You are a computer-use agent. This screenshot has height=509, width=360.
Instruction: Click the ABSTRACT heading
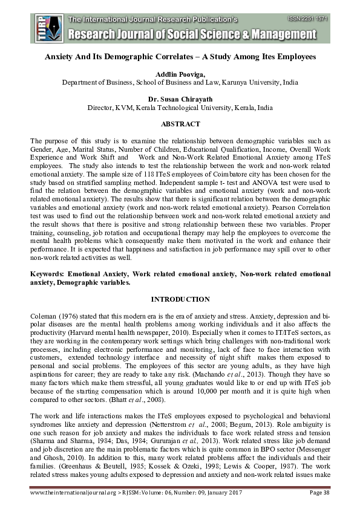click(180, 124)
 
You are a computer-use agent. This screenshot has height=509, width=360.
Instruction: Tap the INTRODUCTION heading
click(180, 299)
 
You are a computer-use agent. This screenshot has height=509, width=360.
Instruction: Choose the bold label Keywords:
click(50, 274)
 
